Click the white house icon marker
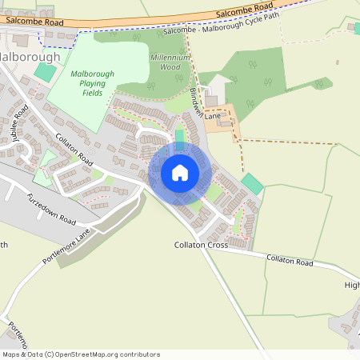(180, 172)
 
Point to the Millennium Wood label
(170, 62)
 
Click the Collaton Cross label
(201, 245)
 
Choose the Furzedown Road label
(50, 209)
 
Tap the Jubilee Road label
(18, 123)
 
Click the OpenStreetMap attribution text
(81, 354)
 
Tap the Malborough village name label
(30, 58)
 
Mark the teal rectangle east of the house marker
(252, 183)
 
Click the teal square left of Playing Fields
(46, 72)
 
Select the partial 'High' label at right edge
(352, 285)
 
